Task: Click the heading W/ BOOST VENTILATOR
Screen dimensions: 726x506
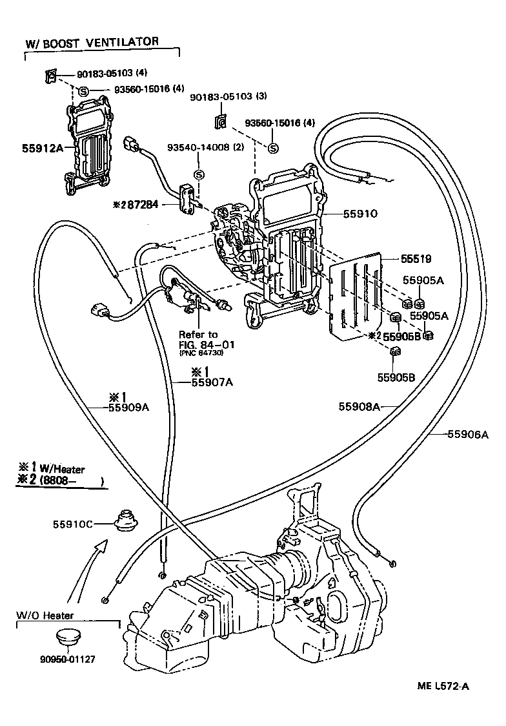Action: pyautogui.click(x=92, y=43)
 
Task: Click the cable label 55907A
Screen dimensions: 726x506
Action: pyautogui.click(x=212, y=382)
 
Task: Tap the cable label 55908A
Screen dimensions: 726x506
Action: pyautogui.click(x=359, y=406)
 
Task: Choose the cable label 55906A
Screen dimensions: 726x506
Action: pyautogui.click(x=468, y=435)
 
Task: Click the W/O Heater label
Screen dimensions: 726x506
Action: pyautogui.click(x=45, y=616)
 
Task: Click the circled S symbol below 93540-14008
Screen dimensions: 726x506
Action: pyautogui.click(x=199, y=174)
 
